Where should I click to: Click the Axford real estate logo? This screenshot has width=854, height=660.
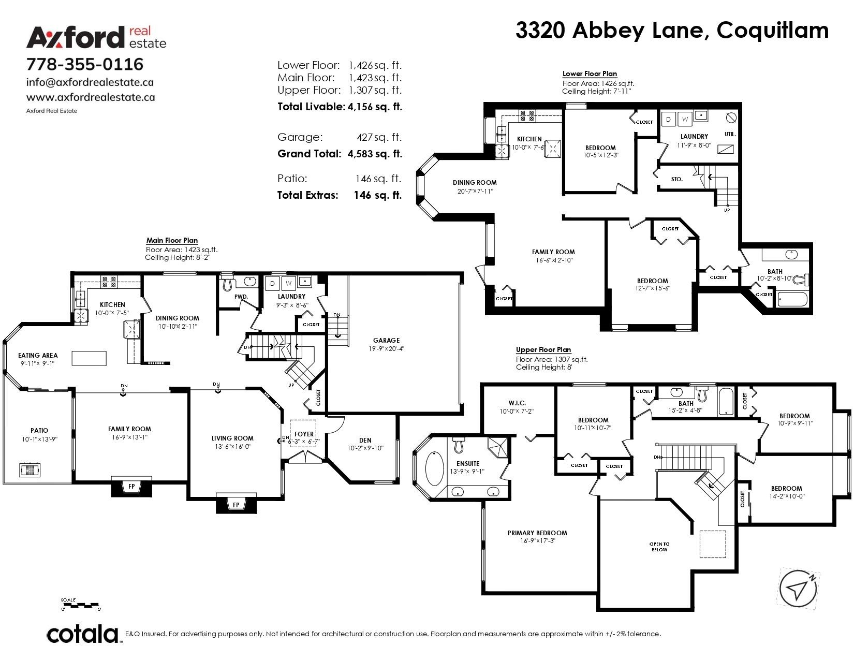coord(96,37)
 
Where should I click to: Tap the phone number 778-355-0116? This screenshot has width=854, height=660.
coord(85,64)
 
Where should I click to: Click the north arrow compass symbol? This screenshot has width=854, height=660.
coord(798,588)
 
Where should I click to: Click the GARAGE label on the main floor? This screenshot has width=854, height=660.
coord(386,341)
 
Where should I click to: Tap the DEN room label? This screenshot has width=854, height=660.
coord(365,441)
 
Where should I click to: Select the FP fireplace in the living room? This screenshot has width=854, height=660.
coord(236,505)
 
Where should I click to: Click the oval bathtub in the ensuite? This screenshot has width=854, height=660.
coord(434,469)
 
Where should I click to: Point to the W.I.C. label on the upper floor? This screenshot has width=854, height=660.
coord(517,403)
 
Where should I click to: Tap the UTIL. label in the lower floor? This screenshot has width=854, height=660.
coord(730,134)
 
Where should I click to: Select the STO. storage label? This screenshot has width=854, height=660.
coord(676,179)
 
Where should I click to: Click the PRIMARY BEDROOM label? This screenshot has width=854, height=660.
coord(537,533)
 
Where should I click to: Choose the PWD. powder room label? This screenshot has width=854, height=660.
coord(241,297)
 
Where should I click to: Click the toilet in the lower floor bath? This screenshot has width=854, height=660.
coord(800,281)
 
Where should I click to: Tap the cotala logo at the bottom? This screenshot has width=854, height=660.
coord(83,635)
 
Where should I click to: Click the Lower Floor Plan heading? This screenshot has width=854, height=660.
coord(590,74)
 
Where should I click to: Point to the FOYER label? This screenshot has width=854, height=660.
coord(304,434)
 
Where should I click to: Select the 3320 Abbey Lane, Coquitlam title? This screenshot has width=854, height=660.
coord(671,31)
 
